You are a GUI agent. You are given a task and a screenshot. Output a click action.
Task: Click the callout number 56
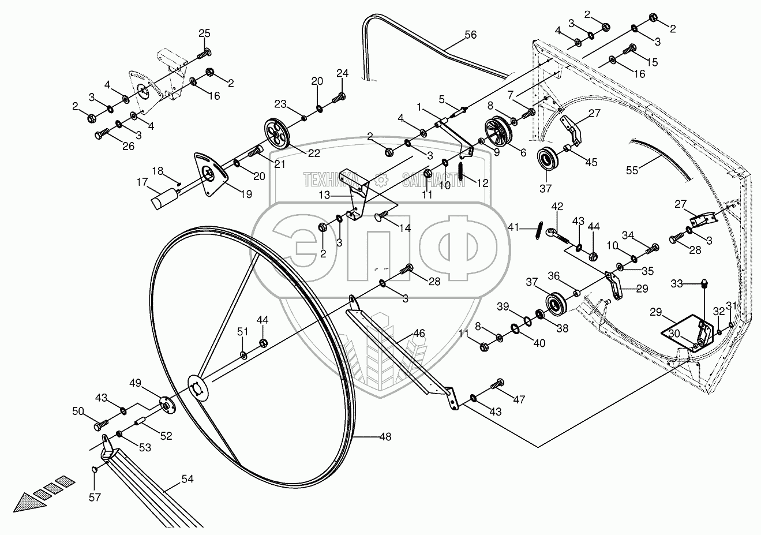[x=471, y=35]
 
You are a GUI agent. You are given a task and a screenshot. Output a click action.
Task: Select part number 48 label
[x=385, y=437]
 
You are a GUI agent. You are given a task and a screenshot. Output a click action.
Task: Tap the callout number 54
[x=188, y=478]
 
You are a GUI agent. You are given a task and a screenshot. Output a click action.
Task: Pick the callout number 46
[x=419, y=333]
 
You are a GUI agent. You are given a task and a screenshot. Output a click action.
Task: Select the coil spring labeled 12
[x=463, y=171]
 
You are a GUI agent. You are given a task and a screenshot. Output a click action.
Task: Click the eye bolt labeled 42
[x=552, y=234]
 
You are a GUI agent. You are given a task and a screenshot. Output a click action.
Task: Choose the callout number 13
[x=325, y=195]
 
